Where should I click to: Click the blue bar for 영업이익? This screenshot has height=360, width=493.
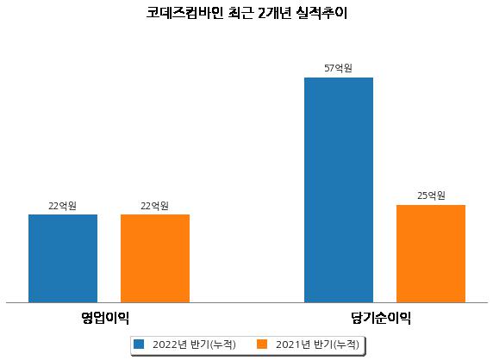click(x=63, y=258)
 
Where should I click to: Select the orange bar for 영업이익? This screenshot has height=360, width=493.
click(x=155, y=258)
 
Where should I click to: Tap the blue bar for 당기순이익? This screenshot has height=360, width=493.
click(x=339, y=190)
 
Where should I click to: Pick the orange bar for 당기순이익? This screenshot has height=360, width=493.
click(x=431, y=254)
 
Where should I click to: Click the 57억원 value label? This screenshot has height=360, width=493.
click(x=339, y=68)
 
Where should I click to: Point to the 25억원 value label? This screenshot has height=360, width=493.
click(x=431, y=196)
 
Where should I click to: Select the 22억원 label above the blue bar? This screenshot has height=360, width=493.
click(x=62, y=206)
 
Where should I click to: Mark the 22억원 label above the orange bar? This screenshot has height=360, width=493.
click(x=154, y=206)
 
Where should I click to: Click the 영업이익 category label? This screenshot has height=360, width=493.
click(x=105, y=318)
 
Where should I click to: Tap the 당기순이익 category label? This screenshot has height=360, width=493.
click(x=381, y=318)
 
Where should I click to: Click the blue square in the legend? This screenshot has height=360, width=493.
click(x=139, y=344)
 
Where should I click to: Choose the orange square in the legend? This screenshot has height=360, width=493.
click(x=262, y=344)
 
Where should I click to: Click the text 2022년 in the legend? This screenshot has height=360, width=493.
click(x=170, y=344)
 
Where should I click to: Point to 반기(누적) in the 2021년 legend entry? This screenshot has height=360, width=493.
click(x=336, y=344)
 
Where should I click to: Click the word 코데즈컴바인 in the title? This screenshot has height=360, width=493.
click(x=184, y=13)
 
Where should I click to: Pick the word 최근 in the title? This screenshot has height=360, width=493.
click(x=240, y=13)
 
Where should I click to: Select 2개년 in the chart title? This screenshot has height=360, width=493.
click(x=274, y=13)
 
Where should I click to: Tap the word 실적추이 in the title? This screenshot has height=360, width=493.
click(x=321, y=13)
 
